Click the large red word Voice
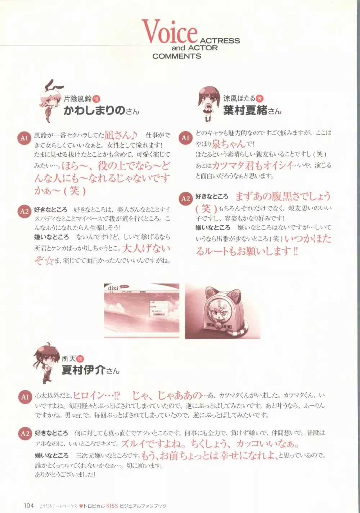tap(169, 32)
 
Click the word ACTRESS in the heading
tap(220, 41)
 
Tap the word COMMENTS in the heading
tap(176, 56)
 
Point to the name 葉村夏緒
tap(245, 111)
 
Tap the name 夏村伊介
tap(84, 370)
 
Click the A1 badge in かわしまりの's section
tap(24, 138)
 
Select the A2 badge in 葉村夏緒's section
tap(185, 199)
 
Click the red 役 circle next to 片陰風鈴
tap(96, 99)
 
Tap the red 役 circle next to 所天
tap(80, 359)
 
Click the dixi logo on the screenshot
tap(113, 288)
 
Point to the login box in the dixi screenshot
tap(158, 309)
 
